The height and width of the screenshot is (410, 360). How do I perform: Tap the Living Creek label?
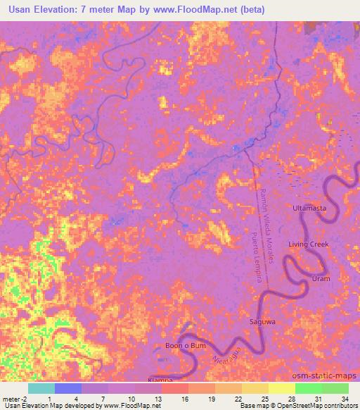(x=308, y=244)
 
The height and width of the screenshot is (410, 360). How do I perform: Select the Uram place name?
(x=321, y=279)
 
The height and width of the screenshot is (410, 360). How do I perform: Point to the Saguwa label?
(x=262, y=322)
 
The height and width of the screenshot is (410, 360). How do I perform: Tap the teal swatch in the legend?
(x=41, y=388)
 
